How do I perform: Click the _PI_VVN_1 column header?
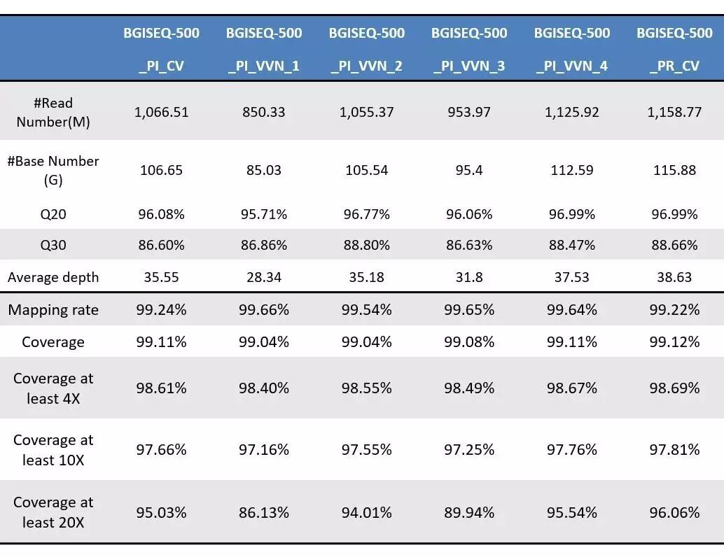coord(264,49)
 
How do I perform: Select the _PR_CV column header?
coord(674,49)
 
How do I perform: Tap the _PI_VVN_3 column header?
coord(469,49)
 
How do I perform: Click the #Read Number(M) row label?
coord(53,112)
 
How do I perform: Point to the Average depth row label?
coord(53,277)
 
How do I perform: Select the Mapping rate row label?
coord(53,310)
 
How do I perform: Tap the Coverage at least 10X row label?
coord(53,450)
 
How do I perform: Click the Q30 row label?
coord(53,245)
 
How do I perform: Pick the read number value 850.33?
coord(264,112)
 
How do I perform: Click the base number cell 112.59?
coord(572,170)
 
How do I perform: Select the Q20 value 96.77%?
coord(366,214)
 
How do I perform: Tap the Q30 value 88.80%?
coord(366,245)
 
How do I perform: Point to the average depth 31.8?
coord(469,277)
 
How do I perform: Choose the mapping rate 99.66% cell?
coord(264,310)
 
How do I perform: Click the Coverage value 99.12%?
coord(674,341)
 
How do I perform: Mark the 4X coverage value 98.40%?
coord(264,388)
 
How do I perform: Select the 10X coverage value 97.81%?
coord(674,449)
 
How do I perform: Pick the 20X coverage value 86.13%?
coord(264,512)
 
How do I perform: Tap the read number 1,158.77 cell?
coord(674,112)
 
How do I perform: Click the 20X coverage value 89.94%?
coord(469,512)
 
